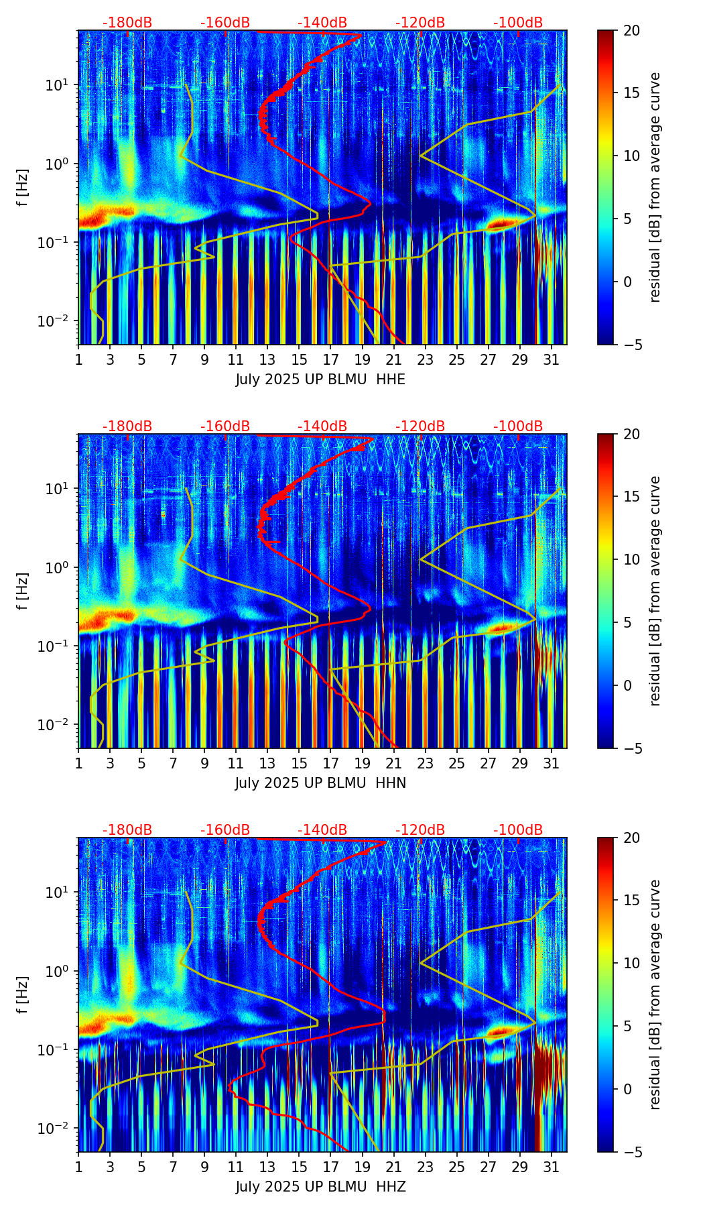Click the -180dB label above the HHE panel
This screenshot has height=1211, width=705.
(x=127, y=23)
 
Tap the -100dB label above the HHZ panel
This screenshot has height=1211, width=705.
(x=518, y=830)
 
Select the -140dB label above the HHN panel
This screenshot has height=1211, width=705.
(x=322, y=426)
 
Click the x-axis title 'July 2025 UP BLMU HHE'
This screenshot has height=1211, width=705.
(x=320, y=380)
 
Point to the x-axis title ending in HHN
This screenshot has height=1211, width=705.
(x=320, y=783)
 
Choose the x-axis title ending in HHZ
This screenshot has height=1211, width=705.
(x=320, y=1187)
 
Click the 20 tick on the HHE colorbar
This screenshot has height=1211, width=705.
(x=631, y=31)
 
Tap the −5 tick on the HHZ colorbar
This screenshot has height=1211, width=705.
(x=631, y=1152)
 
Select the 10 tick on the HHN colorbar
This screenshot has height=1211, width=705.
(x=631, y=559)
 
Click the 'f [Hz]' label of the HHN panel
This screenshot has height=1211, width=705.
(x=23, y=591)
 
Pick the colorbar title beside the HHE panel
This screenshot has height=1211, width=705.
(x=655, y=187)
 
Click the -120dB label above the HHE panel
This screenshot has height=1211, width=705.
(x=420, y=23)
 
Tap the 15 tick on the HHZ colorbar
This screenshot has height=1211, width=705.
(x=631, y=901)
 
